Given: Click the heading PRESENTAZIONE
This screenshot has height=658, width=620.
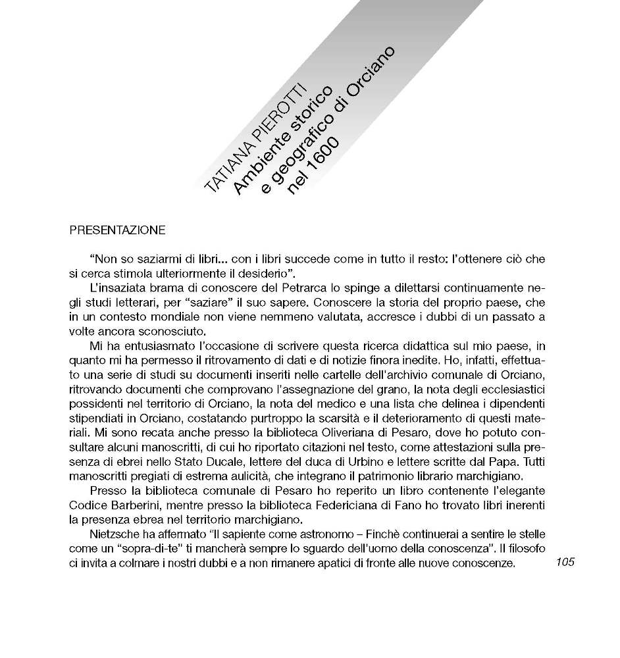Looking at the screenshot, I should click(117, 231).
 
